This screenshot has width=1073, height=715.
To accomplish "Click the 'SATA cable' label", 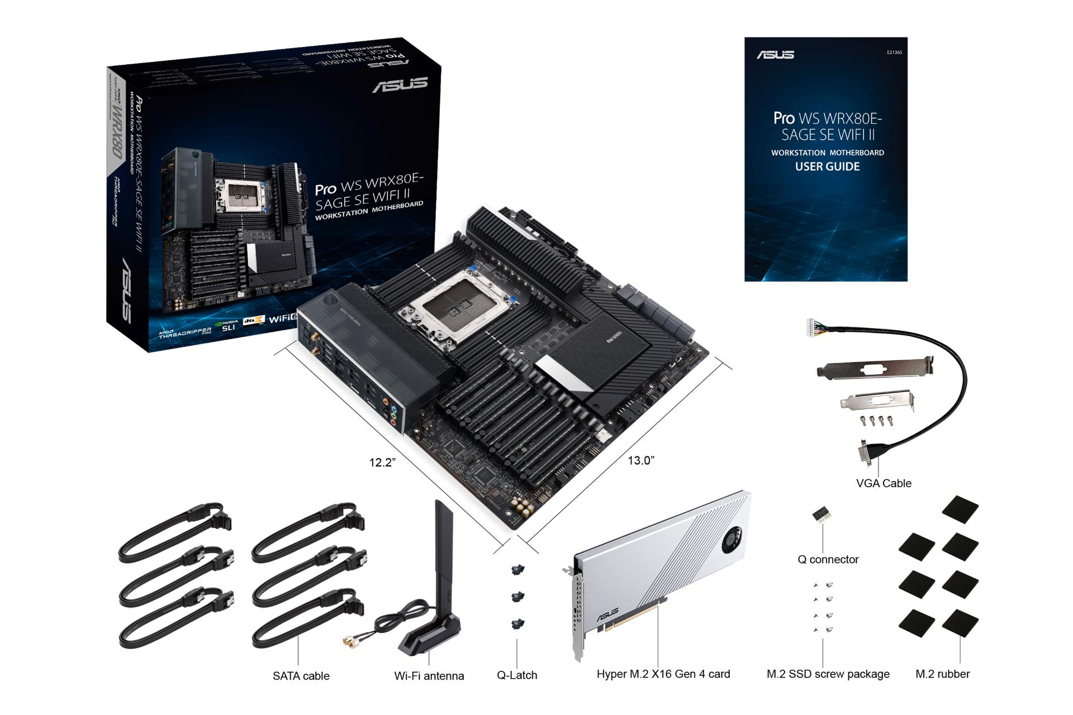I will [301, 676].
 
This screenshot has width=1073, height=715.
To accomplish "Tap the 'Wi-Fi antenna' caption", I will [429, 676].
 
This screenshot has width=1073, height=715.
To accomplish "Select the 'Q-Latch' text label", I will [517, 675].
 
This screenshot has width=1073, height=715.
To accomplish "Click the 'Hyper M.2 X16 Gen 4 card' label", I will [663, 674].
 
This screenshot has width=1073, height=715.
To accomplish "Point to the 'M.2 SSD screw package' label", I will [828, 674].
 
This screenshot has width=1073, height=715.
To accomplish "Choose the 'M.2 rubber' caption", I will [942, 674].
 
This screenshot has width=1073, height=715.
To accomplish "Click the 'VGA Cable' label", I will [883, 483].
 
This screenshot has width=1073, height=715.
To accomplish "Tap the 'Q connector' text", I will [828, 559].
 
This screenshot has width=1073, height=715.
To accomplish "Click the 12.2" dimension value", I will [382, 463].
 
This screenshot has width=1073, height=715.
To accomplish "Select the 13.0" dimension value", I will [640, 460].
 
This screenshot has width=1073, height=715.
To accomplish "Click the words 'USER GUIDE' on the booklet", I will [827, 166].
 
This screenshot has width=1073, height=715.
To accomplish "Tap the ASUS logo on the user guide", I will [775, 55].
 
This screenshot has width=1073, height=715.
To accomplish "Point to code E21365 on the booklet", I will [894, 53].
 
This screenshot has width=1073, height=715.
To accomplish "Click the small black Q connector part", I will [820, 514].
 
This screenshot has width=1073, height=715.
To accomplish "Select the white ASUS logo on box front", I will [400, 85].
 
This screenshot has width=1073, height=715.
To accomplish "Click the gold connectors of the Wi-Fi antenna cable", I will [350, 643].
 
